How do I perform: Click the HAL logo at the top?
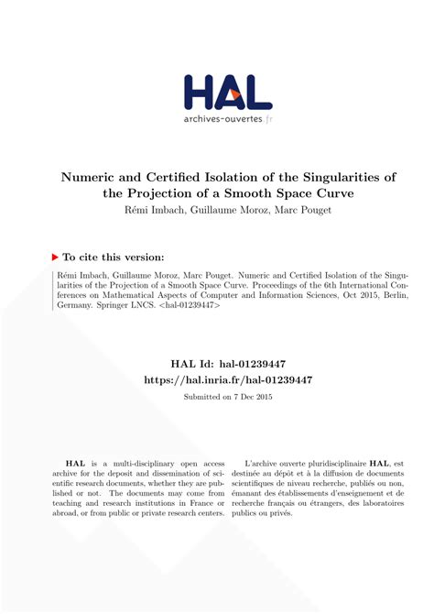coord(227,92)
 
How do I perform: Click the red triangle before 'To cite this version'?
coord(55,258)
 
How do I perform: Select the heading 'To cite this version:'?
coord(113,258)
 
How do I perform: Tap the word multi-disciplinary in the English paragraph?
coord(157,465)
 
